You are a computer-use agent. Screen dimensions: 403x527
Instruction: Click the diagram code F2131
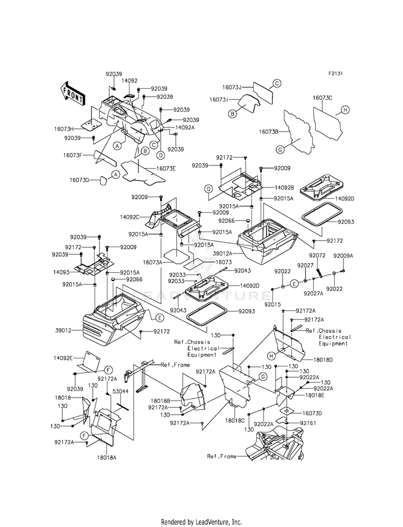click(x=335, y=73)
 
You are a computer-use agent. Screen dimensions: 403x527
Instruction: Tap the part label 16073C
click(x=322, y=98)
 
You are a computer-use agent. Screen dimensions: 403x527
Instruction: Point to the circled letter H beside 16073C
click(x=344, y=110)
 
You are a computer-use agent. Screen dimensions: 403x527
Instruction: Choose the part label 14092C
click(x=129, y=217)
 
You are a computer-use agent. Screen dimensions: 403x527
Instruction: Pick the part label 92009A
click(x=343, y=256)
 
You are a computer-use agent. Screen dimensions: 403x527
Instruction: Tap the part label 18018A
click(x=107, y=457)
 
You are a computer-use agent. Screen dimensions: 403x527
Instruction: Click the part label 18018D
click(x=323, y=359)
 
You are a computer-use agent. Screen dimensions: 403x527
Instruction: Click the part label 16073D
click(x=312, y=413)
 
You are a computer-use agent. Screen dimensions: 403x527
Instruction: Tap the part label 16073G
click(x=80, y=180)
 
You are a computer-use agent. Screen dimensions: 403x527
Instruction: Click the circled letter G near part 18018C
click(x=263, y=377)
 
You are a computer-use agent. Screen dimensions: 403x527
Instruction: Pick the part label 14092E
click(x=63, y=358)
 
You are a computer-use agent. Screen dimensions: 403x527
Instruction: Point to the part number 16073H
click(x=63, y=129)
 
